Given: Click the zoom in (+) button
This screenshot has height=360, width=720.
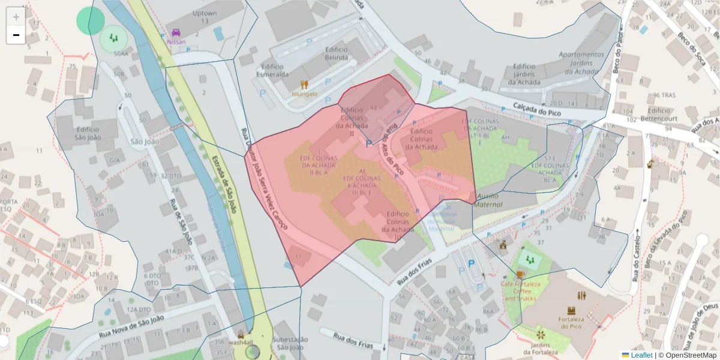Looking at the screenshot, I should tap(16, 16).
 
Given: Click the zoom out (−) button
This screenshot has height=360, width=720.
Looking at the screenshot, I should tap(16, 35).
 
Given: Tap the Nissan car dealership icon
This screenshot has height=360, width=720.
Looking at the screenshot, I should tap(176, 32).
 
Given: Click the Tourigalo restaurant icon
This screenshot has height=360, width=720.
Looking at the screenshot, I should tap(304, 85).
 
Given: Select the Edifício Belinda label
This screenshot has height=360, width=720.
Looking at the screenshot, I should tap(336, 53).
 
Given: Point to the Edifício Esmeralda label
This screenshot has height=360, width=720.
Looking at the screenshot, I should tap(272, 70).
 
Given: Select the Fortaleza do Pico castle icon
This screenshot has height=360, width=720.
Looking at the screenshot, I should tap(571, 311).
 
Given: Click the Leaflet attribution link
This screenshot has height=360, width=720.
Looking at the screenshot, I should tap(641, 355).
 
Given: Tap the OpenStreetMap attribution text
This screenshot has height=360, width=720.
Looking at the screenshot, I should tap(688, 355).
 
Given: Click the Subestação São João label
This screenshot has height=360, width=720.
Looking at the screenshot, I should tap(289, 343).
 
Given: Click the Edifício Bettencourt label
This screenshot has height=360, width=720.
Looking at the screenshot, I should tap(659, 114).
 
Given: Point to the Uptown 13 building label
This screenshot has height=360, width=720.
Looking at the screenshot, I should tap(205, 17).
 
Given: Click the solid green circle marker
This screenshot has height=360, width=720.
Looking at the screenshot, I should tap(91, 21).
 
